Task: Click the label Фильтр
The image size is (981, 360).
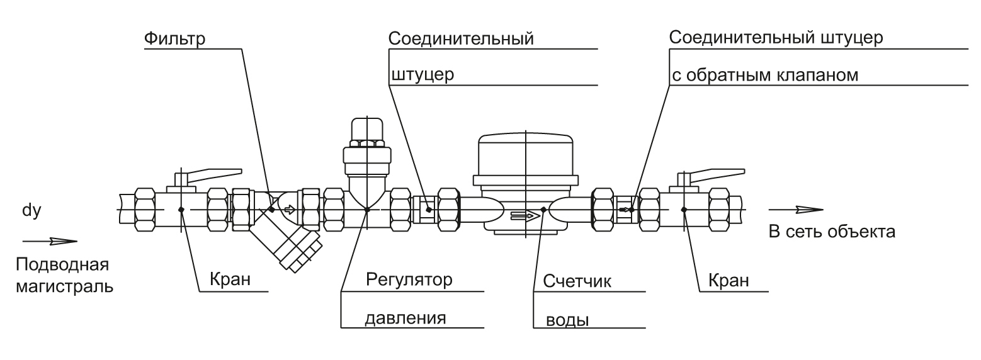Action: coord(174,39)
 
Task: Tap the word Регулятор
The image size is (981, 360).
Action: coord(409,279)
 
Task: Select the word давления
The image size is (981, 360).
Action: coord(405,318)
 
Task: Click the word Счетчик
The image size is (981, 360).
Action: coord(577,281)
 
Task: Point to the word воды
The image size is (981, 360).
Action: coord(567,320)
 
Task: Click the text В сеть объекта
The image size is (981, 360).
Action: coord(832,231)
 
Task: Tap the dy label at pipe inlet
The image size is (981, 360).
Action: coord(31,211)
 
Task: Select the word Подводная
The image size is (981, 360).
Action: coord(62,265)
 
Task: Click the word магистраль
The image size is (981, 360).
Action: coord(64,287)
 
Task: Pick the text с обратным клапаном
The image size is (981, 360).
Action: coord(764,76)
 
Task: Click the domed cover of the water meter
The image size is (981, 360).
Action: coord(526,154)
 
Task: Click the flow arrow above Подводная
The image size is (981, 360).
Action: coord(50,241)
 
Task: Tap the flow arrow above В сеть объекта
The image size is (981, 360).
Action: coord(796,210)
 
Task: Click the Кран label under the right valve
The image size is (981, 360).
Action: coord(729,280)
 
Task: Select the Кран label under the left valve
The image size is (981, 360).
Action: coord(230,279)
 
